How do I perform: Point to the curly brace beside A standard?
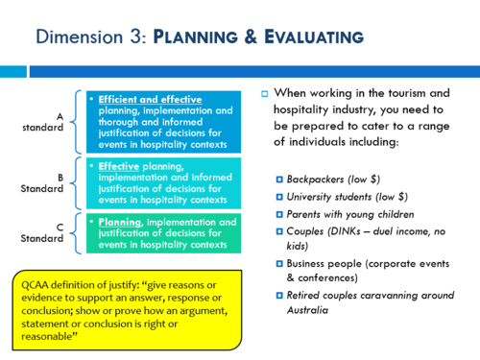click(x=78, y=123)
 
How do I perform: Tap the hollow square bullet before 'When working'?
click(x=265, y=93)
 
